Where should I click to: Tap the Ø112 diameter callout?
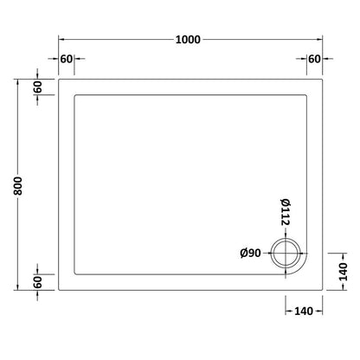(285, 212)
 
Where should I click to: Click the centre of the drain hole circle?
(286, 254)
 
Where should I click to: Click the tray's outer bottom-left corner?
(59, 292)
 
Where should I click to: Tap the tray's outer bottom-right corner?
(322, 292)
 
